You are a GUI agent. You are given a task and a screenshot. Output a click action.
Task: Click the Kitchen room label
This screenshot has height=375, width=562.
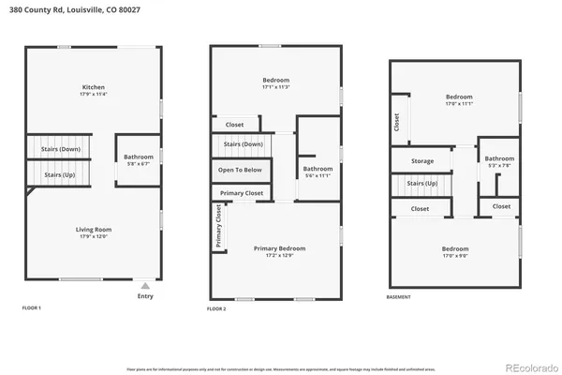(x=93, y=87)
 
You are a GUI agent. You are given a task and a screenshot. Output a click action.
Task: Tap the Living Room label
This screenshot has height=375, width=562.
(x=94, y=229)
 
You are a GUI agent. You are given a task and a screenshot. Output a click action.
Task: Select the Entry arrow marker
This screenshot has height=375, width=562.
(x=144, y=286)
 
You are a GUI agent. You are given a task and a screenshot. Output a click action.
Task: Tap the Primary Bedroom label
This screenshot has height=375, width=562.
(x=279, y=248)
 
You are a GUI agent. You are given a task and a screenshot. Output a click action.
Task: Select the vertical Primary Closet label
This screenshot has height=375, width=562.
(x=218, y=227)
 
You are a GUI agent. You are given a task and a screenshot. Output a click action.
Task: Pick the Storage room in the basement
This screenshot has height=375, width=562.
(x=421, y=161)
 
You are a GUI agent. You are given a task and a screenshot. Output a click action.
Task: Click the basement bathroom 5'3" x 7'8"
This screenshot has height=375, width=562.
(x=499, y=158)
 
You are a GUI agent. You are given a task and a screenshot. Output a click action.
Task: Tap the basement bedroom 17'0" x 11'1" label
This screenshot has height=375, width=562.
(x=458, y=97)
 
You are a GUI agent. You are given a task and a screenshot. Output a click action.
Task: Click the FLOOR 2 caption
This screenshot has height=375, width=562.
(x=217, y=307)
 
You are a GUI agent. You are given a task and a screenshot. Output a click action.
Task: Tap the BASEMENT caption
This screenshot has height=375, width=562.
(x=399, y=296)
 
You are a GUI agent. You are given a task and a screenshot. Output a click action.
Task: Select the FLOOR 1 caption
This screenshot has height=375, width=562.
(x=32, y=307)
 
